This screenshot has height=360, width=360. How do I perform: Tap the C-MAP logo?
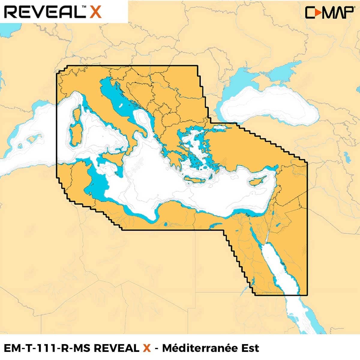329,12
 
